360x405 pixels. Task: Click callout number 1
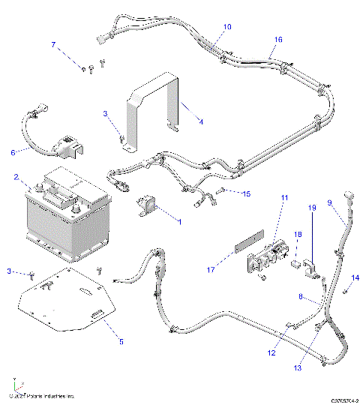178,221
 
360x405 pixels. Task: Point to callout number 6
13,152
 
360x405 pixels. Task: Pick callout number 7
53,45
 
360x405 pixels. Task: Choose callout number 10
227,27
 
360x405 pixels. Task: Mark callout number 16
278,38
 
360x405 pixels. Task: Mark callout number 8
301,297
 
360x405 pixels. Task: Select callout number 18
297,235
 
